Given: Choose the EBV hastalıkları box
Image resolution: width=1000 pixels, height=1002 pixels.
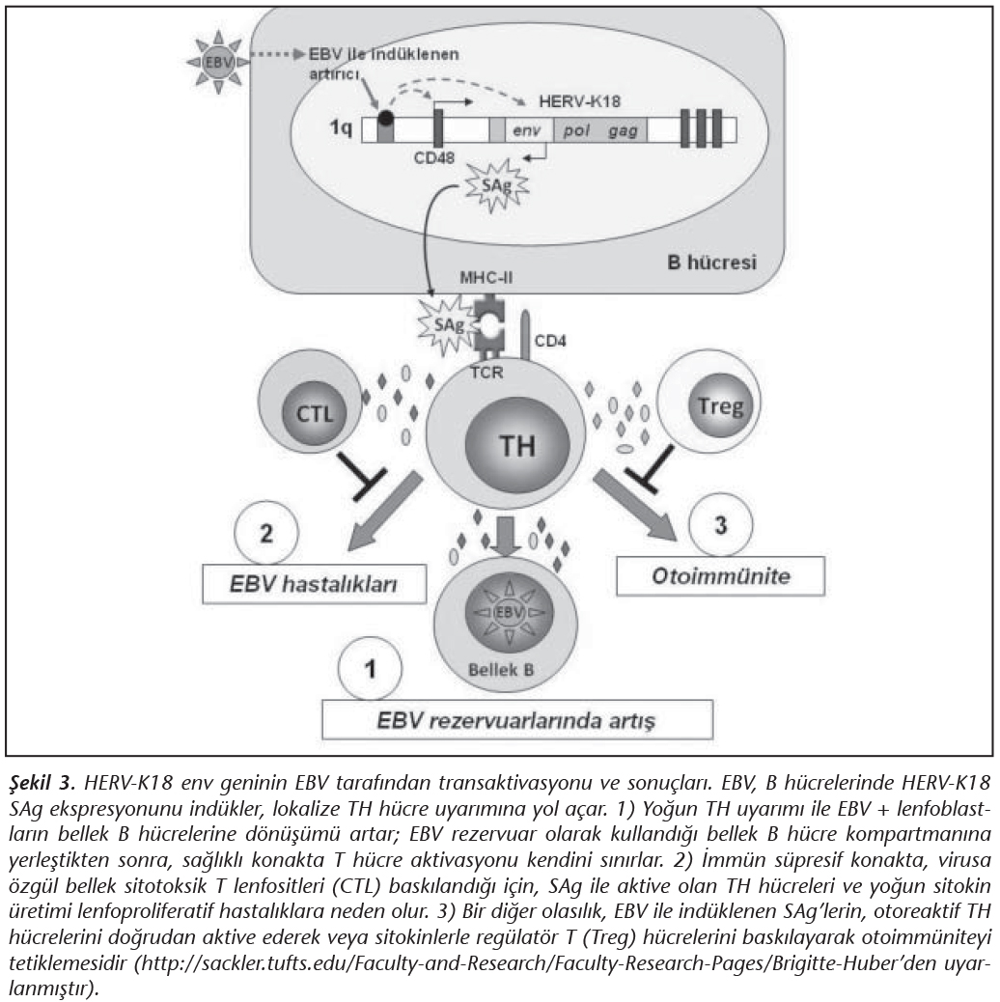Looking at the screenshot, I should tap(314, 585).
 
